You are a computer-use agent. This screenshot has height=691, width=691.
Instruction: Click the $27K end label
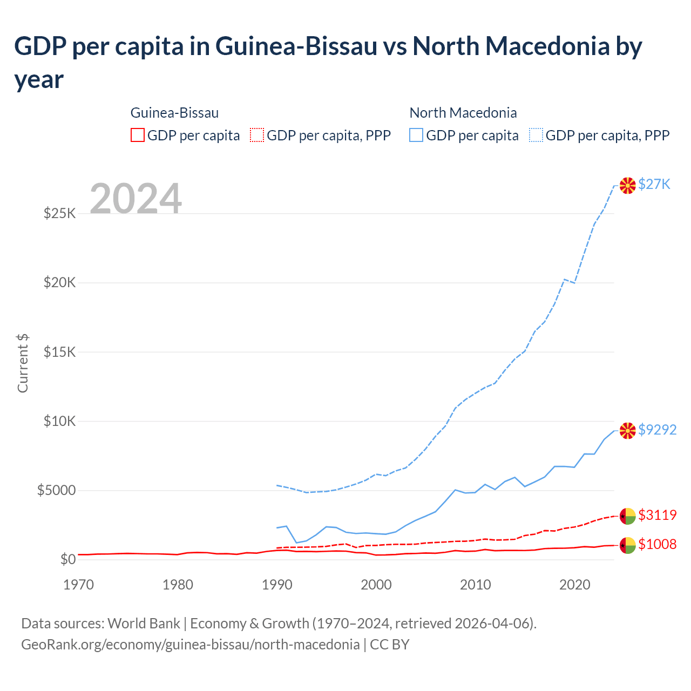point(654,185)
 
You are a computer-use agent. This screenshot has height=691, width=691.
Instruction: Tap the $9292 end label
point(657,430)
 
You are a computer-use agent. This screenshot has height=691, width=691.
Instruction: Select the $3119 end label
point(657,515)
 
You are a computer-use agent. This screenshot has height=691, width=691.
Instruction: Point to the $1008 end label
point(657,544)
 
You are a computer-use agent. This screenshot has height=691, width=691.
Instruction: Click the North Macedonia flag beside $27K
point(627,185)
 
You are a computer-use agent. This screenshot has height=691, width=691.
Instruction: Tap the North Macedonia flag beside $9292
point(627,430)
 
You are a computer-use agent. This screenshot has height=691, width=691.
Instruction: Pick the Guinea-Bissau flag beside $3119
point(627,516)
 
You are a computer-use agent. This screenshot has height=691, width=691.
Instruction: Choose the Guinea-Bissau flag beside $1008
point(627,545)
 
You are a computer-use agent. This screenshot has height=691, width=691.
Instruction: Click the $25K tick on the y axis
point(60,214)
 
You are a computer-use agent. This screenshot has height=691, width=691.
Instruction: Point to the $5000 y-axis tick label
point(56,491)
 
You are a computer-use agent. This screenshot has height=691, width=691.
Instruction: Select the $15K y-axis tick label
point(60,353)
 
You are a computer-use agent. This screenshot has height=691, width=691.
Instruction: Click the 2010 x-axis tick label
point(475,585)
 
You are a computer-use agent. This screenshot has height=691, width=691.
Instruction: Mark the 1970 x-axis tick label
point(78,585)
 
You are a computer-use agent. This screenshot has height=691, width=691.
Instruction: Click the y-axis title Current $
point(23,363)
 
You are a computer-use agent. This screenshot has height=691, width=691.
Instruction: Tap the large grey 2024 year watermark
point(136,199)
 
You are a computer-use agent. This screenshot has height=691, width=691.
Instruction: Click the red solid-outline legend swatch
point(138,135)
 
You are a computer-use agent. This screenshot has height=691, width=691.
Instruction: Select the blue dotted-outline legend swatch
point(536,135)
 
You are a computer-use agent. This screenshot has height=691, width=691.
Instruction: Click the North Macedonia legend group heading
point(463,113)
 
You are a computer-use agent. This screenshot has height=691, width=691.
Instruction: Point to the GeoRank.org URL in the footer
point(190,645)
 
